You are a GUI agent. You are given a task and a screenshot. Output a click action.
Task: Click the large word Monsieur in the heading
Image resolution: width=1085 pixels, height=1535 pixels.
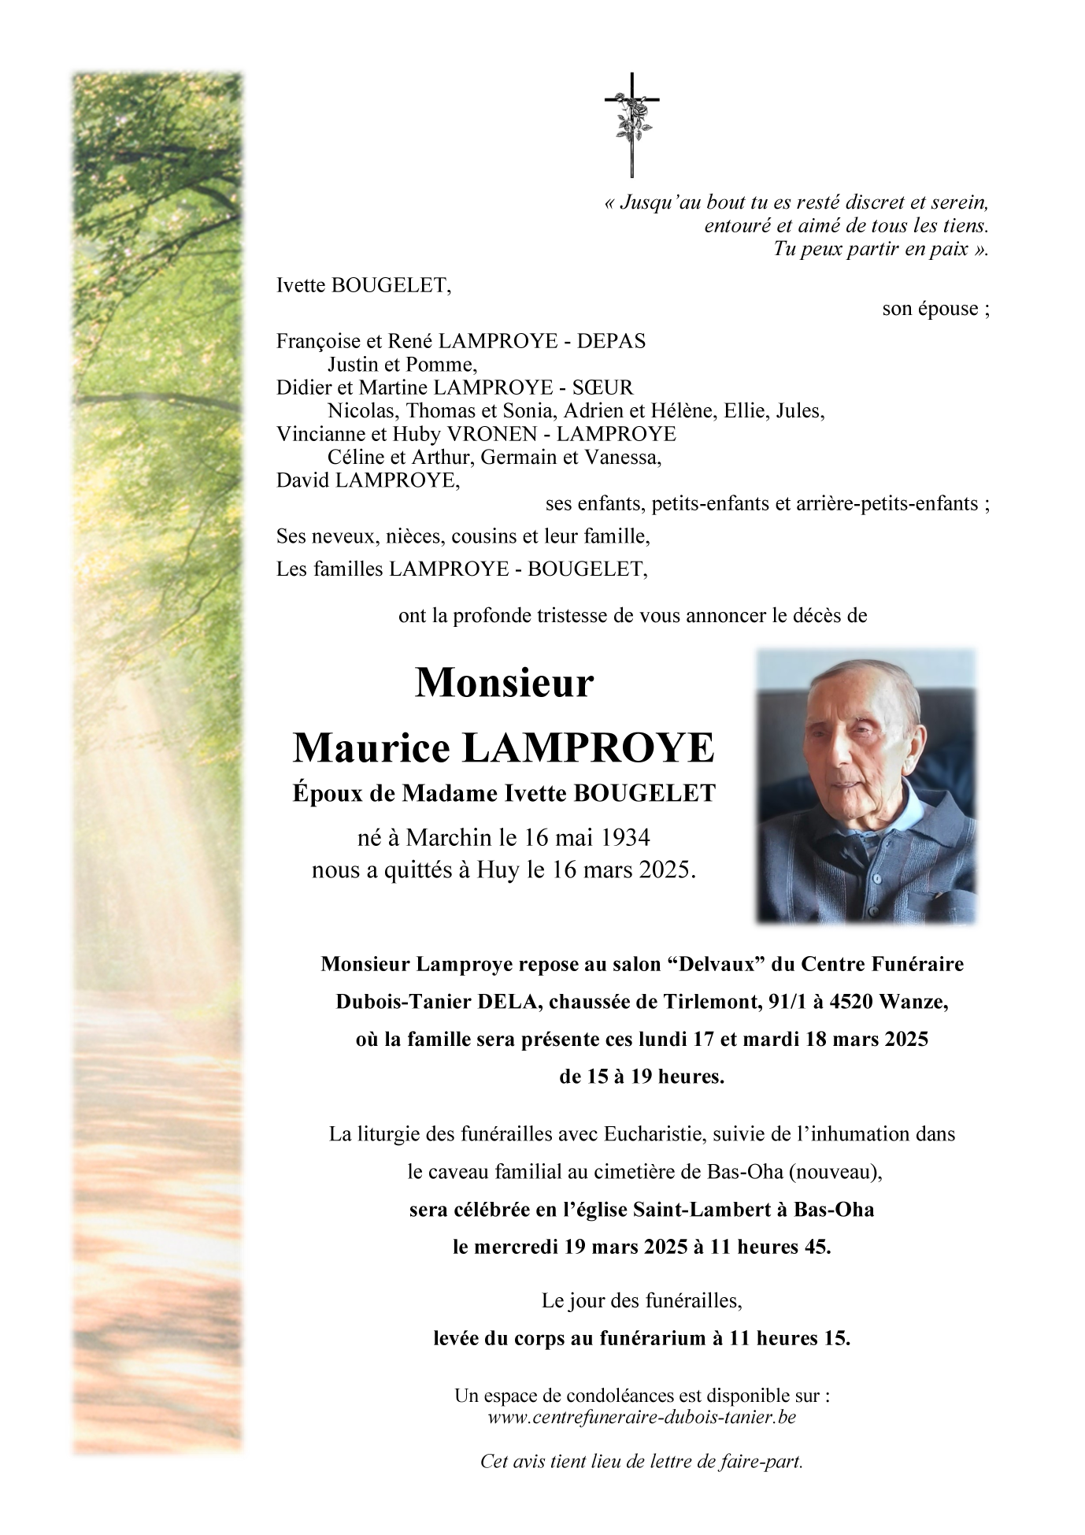pyautogui.click(x=504, y=683)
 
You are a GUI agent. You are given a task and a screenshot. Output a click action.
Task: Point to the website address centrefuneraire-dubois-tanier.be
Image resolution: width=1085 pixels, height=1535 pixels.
pyautogui.click(x=642, y=1417)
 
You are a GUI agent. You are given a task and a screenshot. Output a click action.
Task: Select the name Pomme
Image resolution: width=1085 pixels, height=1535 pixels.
pyautogui.click(x=447, y=365)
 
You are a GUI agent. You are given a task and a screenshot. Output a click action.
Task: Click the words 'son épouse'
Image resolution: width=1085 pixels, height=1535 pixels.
pyautogui.click(x=935, y=309)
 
